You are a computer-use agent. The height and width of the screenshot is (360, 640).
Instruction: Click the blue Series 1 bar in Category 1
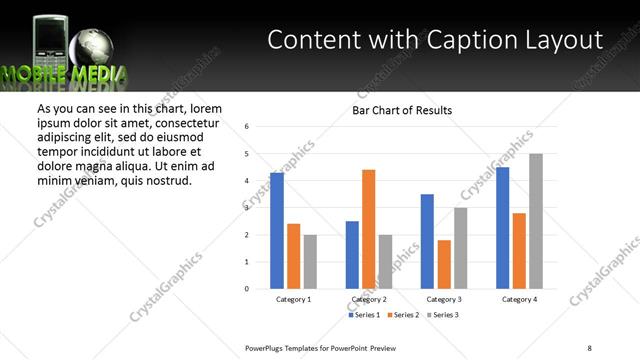coord(277,231)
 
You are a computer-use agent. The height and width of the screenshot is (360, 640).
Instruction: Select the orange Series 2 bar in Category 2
coord(368,229)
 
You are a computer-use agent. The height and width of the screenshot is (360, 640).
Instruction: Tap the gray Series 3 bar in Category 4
coord(536,221)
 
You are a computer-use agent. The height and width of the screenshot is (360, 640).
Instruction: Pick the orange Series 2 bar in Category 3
coord(444,264)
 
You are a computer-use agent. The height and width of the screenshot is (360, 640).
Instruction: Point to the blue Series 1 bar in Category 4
coord(502,228)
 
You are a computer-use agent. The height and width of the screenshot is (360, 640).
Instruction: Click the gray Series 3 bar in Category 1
coord(310,262)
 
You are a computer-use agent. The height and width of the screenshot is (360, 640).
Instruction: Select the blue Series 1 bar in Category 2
coord(352,255)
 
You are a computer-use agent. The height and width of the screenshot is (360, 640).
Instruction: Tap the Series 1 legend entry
coord(363,315)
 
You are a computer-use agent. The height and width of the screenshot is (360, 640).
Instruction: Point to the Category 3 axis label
coord(443,299)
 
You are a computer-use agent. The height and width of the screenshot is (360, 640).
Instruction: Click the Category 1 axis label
coord(293,299)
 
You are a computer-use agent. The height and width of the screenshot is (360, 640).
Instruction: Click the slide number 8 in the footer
coord(590,347)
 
